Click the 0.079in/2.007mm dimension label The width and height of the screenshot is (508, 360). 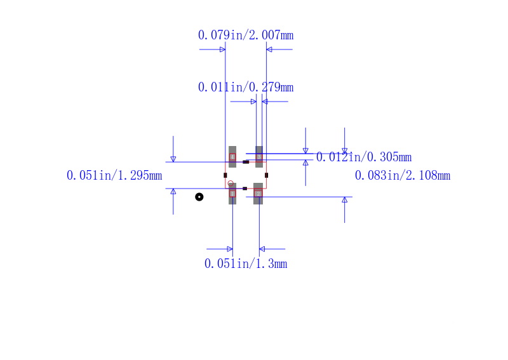pyautogui.click(x=246, y=35)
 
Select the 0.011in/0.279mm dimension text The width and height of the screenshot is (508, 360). pyautogui.click(x=246, y=87)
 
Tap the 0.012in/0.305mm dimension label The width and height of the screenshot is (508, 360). pyautogui.click(x=364, y=157)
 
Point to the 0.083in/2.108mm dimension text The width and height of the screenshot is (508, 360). pyautogui.click(x=403, y=176)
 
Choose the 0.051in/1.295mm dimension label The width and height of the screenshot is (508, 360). pyautogui.click(x=114, y=176)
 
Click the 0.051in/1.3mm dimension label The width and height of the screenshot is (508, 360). pyautogui.click(x=246, y=263)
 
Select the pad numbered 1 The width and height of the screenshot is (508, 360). pyautogui.click(x=232, y=194)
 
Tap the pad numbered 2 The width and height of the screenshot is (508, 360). pyautogui.click(x=258, y=194)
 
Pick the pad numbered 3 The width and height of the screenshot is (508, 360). pyautogui.click(x=259, y=157)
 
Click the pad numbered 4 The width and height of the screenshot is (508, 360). pyautogui.click(x=232, y=157)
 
